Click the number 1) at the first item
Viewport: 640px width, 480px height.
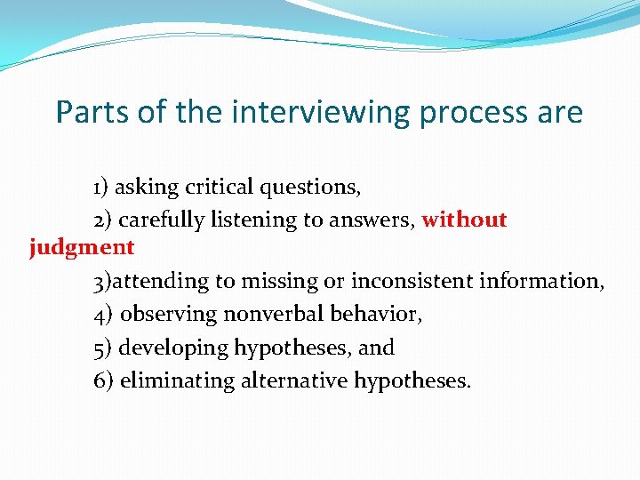(101, 188)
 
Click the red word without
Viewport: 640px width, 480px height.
(464, 220)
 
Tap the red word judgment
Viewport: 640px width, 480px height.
(82, 248)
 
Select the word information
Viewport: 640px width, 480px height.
(541, 282)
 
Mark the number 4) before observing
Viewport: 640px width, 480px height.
(102, 315)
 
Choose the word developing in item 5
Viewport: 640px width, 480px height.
(173, 348)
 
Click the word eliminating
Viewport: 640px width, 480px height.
(177, 381)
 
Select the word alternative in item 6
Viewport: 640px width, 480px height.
(294, 381)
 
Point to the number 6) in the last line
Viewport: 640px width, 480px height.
(102, 381)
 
